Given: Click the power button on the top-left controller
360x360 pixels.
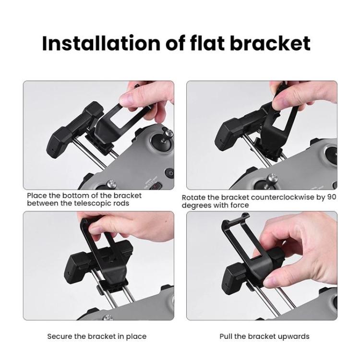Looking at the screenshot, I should pyautogui.click(x=168, y=173).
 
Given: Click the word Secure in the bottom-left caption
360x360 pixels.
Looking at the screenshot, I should pyautogui.click(x=59, y=336).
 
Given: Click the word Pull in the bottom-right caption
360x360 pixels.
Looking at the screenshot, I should pyautogui.click(x=227, y=336).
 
